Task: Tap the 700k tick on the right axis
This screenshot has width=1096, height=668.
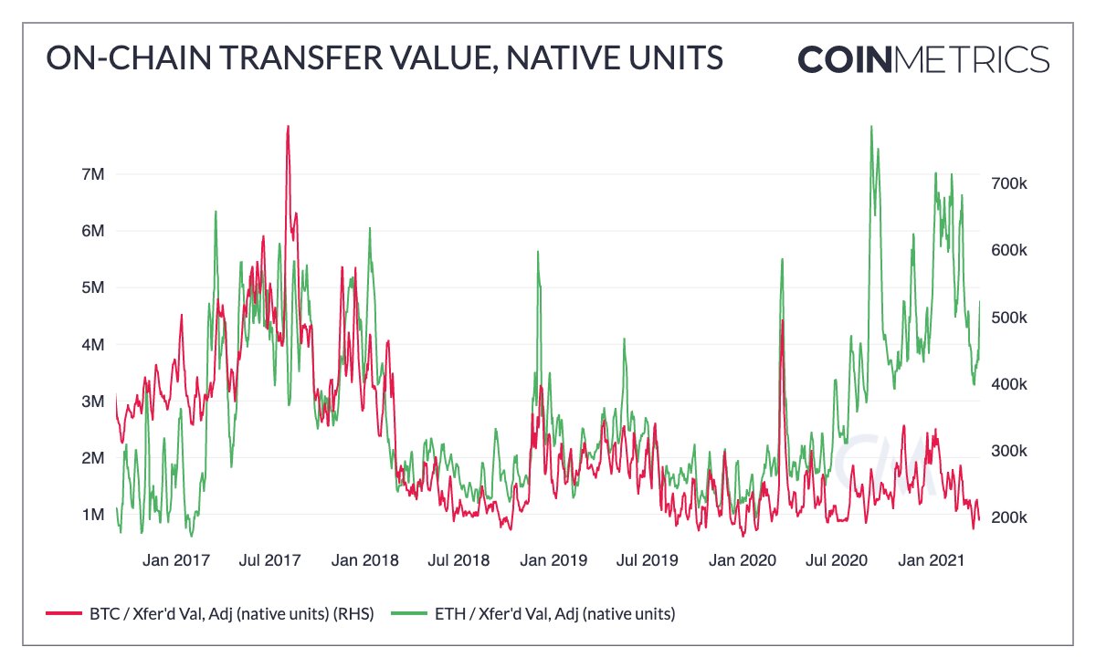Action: coord(1011,183)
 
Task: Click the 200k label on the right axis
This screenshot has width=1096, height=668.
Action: coord(1011,517)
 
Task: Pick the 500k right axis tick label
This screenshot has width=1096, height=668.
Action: coord(1011,318)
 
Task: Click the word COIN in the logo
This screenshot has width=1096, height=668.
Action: coord(843,58)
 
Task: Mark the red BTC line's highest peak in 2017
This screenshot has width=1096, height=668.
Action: coord(288,127)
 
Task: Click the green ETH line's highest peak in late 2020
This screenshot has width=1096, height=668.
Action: coord(871,127)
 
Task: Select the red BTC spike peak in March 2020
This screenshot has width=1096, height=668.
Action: coord(783,321)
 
